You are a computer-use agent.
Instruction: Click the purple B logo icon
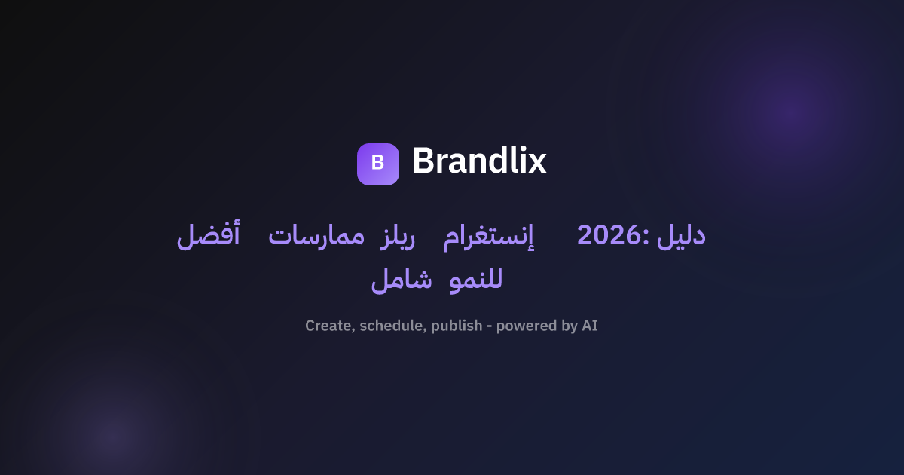378,164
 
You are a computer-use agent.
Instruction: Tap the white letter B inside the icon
377,162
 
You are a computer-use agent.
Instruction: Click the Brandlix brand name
479,161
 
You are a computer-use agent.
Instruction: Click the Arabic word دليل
681,234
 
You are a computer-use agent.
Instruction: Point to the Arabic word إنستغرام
489,237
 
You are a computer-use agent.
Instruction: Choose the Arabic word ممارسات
316,237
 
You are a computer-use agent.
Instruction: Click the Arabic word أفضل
209,234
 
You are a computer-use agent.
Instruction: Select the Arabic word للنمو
476,280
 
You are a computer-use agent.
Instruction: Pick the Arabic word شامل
402,280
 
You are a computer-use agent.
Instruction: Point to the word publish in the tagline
457,326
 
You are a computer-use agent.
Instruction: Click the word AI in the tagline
590,326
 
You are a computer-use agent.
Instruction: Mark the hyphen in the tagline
490,326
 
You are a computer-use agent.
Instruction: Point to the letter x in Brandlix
536,164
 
